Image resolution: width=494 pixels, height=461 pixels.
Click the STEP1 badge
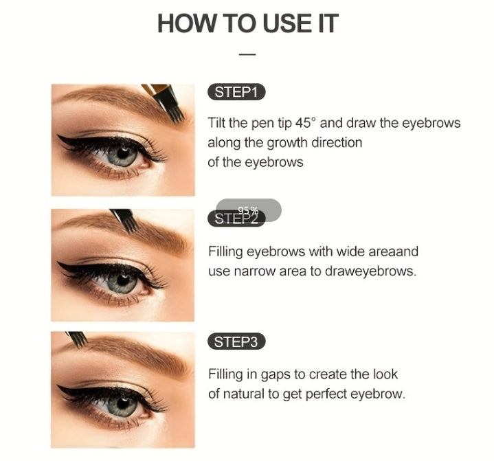pos(236,93)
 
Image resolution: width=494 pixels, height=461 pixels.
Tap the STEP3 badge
pos(236,341)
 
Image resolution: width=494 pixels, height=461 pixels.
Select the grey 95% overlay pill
pos(249,210)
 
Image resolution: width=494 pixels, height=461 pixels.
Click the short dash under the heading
pos(247,54)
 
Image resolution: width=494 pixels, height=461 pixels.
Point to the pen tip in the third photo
pos(76,339)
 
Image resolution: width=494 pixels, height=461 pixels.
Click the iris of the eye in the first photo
pos(122,155)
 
